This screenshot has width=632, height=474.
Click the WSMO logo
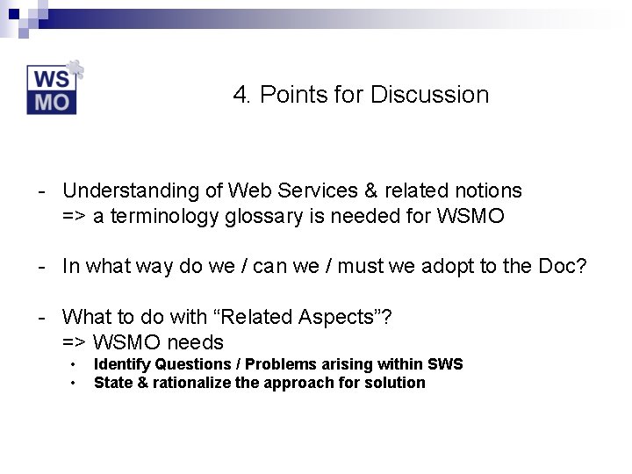coord(53,90)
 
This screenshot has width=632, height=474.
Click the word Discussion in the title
coord(429,95)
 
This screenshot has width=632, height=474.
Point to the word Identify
coord(122,364)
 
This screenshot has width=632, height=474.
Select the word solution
coord(396,383)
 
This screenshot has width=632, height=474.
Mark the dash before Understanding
coord(41,191)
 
